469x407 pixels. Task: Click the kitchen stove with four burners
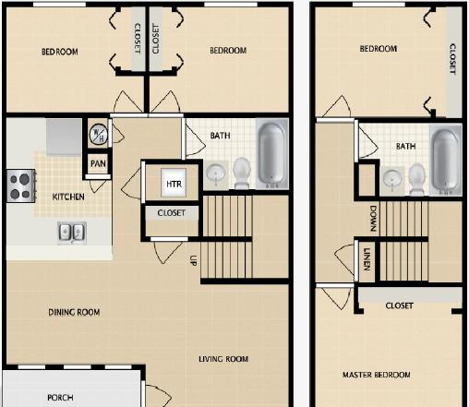(21, 186)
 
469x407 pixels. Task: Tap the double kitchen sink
(72, 233)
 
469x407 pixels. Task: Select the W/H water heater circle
(98, 135)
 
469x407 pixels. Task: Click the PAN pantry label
(98, 163)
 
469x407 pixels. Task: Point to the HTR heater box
(174, 184)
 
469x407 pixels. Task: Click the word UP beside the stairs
(193, 260)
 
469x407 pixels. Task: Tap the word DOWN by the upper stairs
(373, 219)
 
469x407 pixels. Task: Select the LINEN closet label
(367, 259)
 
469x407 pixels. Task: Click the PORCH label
(60, 398)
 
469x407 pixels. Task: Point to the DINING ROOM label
(74, 312)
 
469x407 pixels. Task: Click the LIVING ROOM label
(223, 359)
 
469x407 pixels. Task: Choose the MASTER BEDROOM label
(377, 375)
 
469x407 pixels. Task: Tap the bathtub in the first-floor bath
(271, 153)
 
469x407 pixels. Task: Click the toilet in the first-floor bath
(242, 173)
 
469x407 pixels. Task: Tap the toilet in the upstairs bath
(417, 179)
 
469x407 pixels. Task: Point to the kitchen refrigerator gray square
(64, 137)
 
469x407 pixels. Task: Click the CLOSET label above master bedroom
(399, 305)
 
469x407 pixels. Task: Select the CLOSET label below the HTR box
(171, 213)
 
